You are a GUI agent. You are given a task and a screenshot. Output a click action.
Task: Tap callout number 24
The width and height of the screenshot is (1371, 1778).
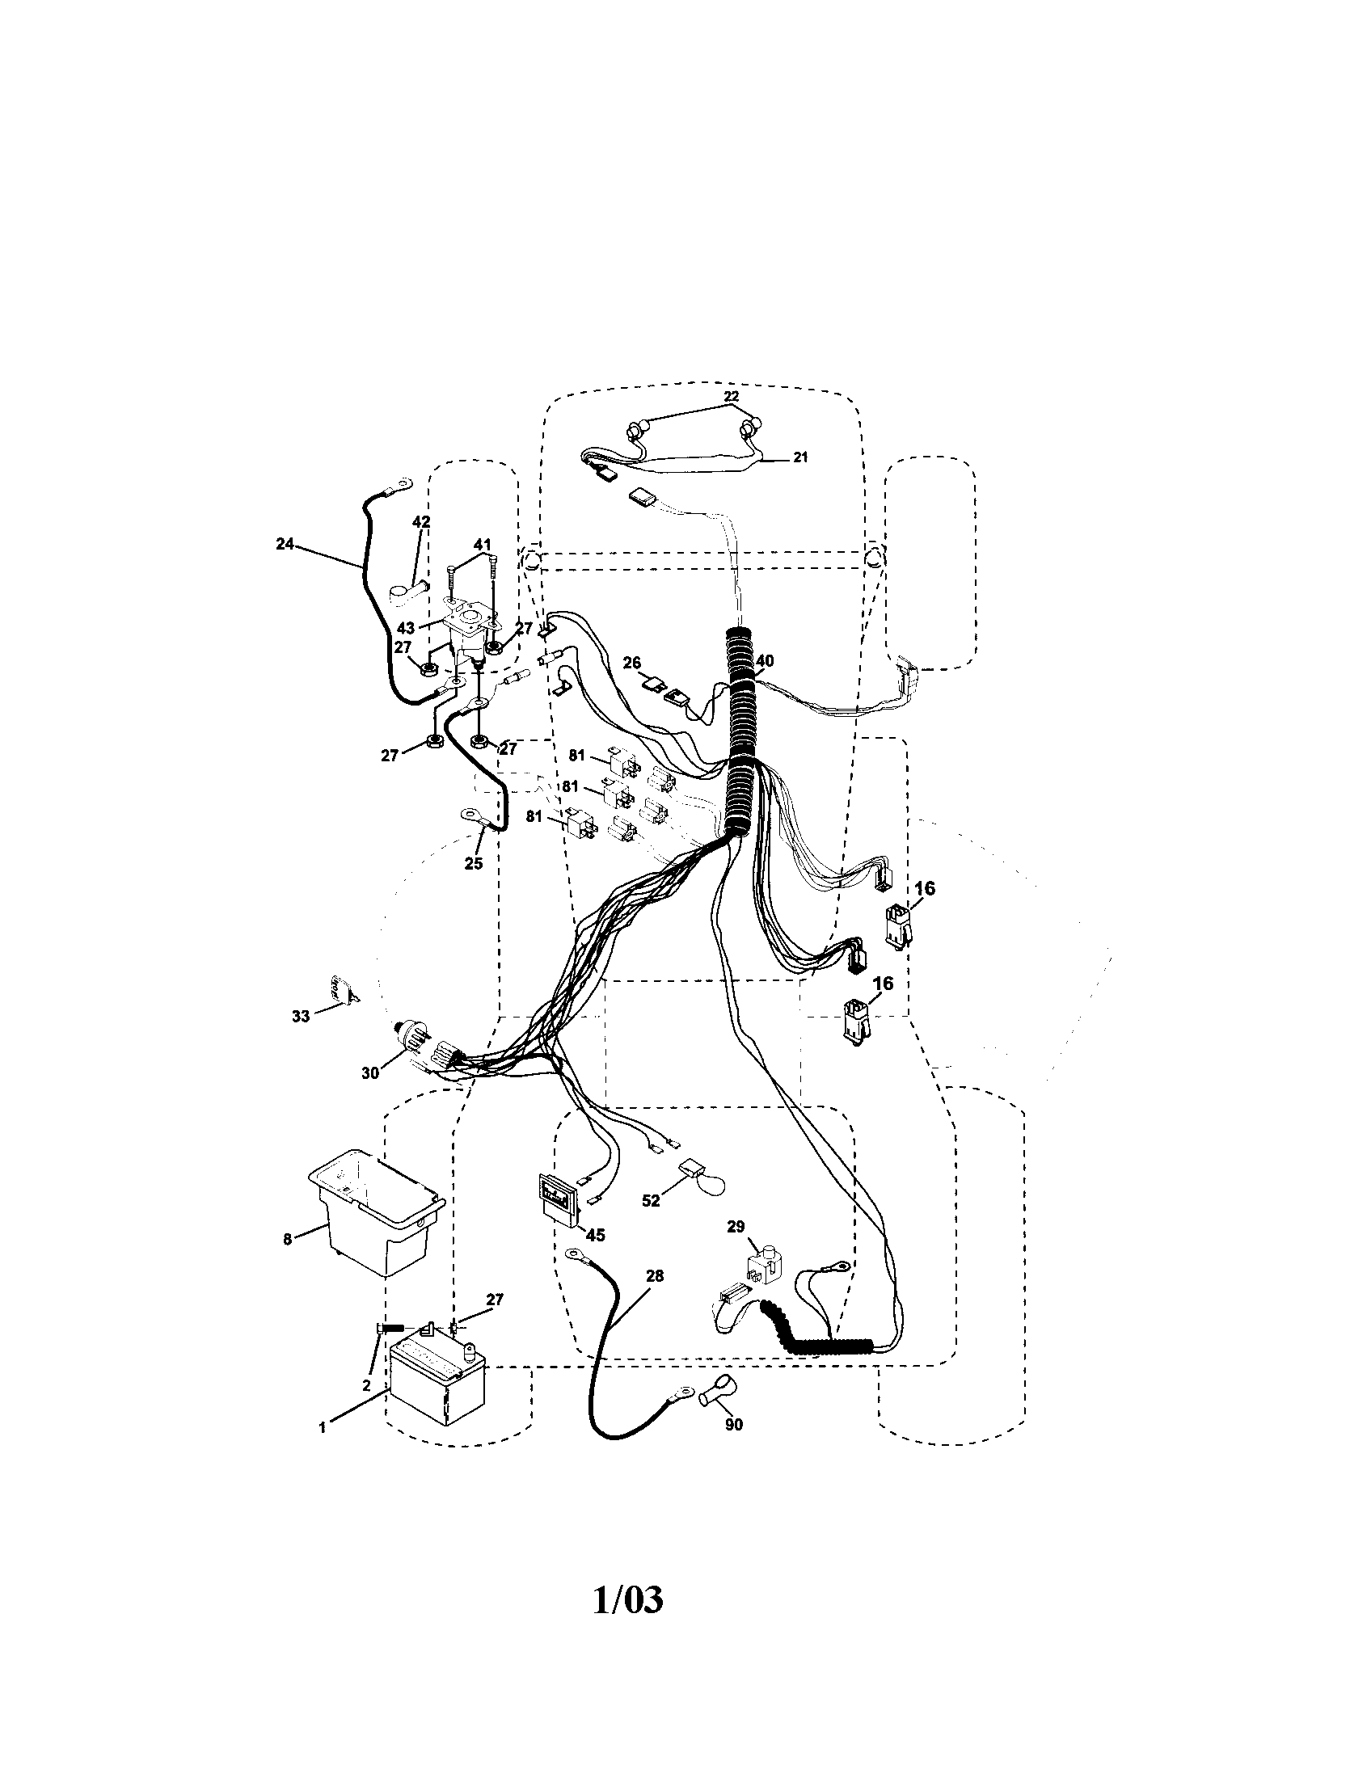coord(284,544)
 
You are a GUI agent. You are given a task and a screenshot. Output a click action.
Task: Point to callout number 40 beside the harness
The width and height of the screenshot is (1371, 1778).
coord(764,661)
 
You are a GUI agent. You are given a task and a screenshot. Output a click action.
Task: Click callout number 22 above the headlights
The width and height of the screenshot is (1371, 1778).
coord(731,396)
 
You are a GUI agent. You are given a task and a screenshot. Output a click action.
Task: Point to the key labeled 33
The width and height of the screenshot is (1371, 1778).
coord(343,988)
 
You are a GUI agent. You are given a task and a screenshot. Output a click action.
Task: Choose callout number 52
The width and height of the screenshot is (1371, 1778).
coord(651,1200)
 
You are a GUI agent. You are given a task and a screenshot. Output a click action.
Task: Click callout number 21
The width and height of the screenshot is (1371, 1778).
coord(800,457)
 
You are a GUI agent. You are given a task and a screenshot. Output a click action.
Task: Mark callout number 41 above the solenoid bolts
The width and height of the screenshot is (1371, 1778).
coord(482,544)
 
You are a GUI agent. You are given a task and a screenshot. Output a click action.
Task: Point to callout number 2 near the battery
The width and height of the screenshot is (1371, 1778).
coord(367,1384)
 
